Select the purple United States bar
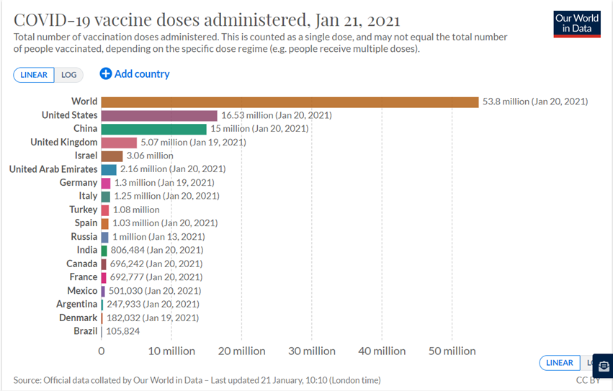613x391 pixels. click(159, 115)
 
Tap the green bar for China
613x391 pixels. click(153, 129)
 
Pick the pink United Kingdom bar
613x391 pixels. click(119, 143)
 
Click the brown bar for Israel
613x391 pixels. click(112, 156)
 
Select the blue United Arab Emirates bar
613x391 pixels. click(109, 169)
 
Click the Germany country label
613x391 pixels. click(79, 183)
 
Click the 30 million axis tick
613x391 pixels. click(312, 351)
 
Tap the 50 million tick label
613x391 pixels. click(452, 351)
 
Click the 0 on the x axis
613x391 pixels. click(102, 351)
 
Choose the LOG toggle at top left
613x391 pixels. click(69, 75)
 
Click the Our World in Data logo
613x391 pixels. click(576, 24)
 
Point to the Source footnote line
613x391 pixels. click(197, 379)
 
